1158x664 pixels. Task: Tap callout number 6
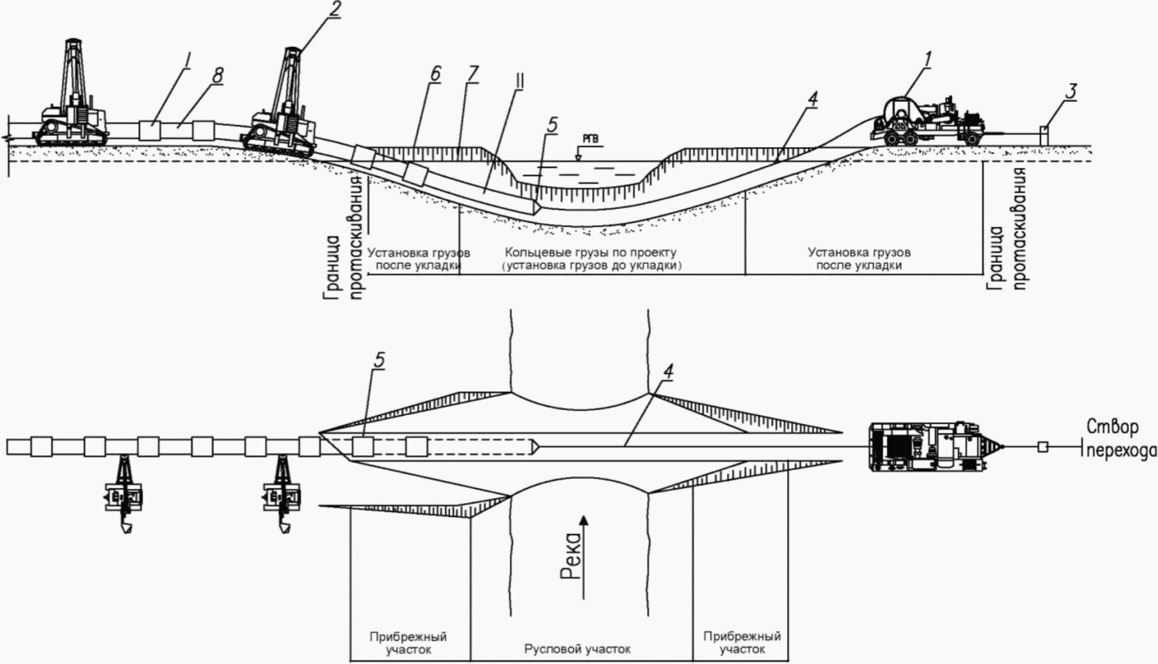point(435,74)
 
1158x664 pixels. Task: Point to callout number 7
point(473,74)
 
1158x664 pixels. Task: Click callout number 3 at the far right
point(1072,91)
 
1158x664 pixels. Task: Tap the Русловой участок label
point(577,649)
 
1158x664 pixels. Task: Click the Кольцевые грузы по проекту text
point(591,252)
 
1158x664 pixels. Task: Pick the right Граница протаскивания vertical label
point(1007,229)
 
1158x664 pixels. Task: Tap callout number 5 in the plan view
point(379,360)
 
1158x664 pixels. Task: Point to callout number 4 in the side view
point(813,99)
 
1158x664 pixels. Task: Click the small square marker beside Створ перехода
point(1043,447)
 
